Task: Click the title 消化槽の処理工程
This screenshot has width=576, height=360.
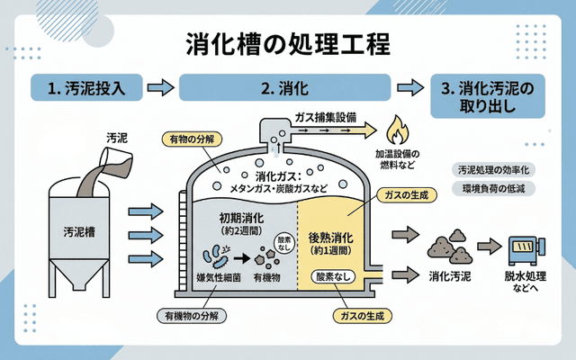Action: point(288,42)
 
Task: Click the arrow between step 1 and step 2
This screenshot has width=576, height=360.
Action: point(159,88)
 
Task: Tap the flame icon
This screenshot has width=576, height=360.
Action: point(395,129)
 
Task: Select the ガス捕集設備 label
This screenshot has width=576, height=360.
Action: point(326,117)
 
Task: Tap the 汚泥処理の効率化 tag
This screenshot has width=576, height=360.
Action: point(494,169)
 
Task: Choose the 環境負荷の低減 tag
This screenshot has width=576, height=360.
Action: point(494,190)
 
